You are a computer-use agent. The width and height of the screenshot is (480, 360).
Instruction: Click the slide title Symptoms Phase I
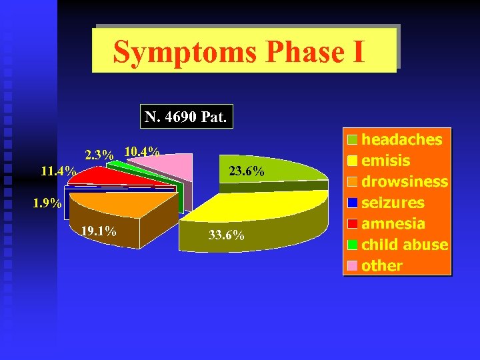point(239,52)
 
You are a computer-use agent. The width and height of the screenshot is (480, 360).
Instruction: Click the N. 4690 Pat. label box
point(186,118)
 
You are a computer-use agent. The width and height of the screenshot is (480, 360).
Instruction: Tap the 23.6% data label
point(247,172)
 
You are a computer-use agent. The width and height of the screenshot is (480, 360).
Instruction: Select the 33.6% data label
point(227,235)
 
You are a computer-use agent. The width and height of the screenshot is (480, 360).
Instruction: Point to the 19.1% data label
point(98,231)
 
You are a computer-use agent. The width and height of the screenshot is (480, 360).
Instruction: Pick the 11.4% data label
point(57,171)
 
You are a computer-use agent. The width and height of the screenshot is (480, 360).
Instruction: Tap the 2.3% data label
point(99,155)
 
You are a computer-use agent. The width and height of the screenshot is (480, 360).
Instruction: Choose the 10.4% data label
point(141,151)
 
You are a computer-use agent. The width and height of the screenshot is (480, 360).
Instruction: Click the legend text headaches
point(401,139)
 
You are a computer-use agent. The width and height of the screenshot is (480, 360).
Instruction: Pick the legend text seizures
point(393,203)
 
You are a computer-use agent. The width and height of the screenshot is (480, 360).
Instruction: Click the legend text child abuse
point(404,245)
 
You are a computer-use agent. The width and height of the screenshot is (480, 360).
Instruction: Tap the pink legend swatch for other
point(352,266)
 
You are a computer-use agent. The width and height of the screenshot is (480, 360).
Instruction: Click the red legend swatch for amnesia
point(352,224)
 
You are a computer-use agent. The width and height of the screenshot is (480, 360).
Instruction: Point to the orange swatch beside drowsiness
point(352,182)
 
